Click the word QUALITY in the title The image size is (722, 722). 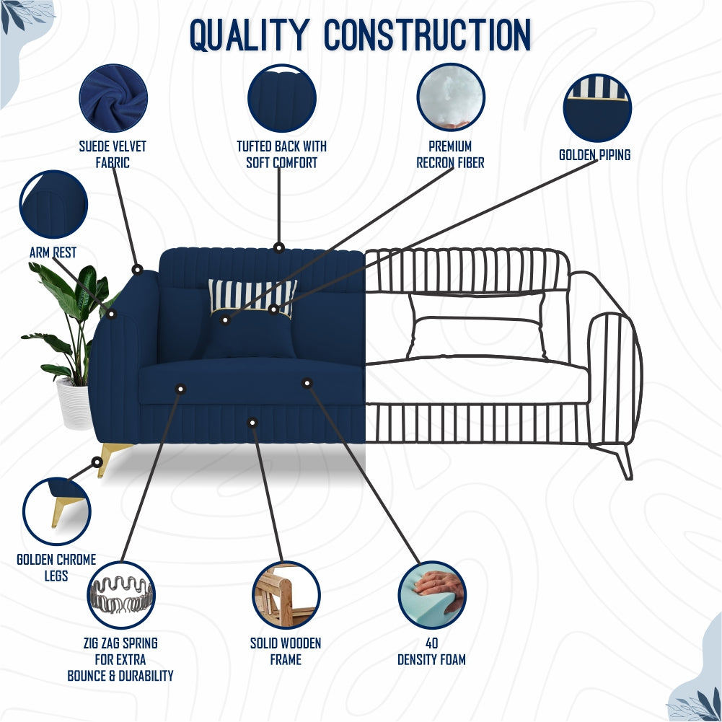pyautogui.click(x=250, y=35)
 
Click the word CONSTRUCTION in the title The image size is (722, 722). pyautogui.click(x=428, y=35)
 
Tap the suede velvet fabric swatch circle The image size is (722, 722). pyautogui.click(x=113, y=98)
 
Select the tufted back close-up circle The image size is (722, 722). pyautogui.click(x=282, y=98)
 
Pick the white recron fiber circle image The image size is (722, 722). pyautogui.click(x=451, y=97)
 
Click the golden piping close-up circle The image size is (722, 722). pyautogui.click(x=597, y=108)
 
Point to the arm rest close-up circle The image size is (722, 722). pyautogui.click(x=53, y=204)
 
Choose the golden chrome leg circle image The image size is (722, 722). pyautogui.click(x=57, y=511)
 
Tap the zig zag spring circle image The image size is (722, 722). pyautogui.click(x=121, y=595)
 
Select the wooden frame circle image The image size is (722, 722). pyautogui.click(x=286, y=595)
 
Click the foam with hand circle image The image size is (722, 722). pyautogui.click(x=432, y=595)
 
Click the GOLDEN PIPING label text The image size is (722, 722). pyautogui.click(x=594, y=155)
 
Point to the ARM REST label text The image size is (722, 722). pyautogui.click(x=53, y=252)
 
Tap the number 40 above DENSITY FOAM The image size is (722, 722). pyautogui.click(x=432, y=643)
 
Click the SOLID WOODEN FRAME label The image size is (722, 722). pyautogui.click(x=286, y=651)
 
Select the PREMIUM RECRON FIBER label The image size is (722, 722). pyautogui.click(x=450, y=154)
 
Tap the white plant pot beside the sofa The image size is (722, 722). pyautogui.click(x=75, y=403)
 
